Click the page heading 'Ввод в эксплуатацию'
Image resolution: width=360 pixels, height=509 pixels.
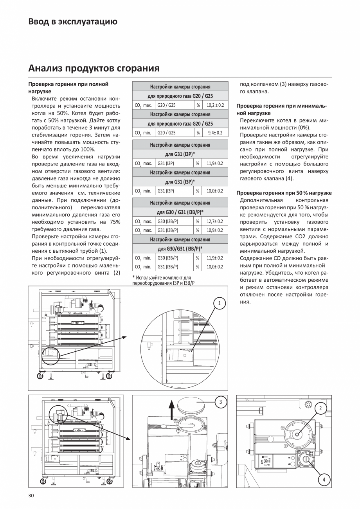(73, 22)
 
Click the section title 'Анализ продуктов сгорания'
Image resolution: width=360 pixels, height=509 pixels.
(94, 68)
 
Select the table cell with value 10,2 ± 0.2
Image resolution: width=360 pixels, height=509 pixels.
(215, 105)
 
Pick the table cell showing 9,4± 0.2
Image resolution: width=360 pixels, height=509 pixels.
(215, 133)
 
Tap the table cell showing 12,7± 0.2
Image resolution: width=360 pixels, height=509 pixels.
(215, 221)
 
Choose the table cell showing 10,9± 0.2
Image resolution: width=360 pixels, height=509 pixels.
(215, 230)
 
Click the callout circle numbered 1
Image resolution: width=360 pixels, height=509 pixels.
(220, 303)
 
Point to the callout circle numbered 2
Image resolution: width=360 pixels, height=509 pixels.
(320, 409)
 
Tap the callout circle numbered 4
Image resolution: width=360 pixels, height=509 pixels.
(324, 480)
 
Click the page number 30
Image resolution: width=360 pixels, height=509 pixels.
(31, 496)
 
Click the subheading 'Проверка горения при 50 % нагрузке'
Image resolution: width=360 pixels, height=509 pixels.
(284, 193)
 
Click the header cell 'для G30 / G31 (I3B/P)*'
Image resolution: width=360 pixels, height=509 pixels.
(180, 212)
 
